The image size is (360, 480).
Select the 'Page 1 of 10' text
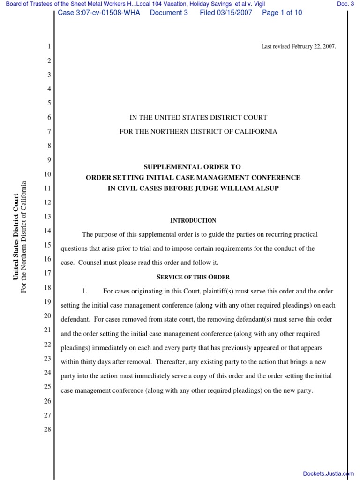pyautogui.click(x=282, y=13)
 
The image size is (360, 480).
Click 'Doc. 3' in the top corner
pyautogui.click(x=345, y=4)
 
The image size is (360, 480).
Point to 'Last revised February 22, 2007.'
pyautogui.click(x=298, y=47)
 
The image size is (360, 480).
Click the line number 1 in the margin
pyautogui.click(x=49, y=47)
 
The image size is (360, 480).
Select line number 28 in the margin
pyautogui.click(x=47, y=429)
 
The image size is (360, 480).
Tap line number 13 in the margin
pyautogui.click(x=47, y=217)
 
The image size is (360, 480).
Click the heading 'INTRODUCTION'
pyautogui.click(x=193, y=220)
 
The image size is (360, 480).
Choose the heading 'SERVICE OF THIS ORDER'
pyautogui.click(x=193, y=277)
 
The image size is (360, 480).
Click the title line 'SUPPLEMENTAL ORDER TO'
pyautogui.click(x=193, y=167)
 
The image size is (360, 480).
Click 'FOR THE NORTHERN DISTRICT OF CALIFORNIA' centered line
pyautogui.click(x=198, y=132)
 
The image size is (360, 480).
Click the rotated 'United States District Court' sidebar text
pyautogui.click(x=15, y=236)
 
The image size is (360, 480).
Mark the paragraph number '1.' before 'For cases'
pyautogui.click(x=85, y=291)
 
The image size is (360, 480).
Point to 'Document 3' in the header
pyautogui.click(x=169, y=13)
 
